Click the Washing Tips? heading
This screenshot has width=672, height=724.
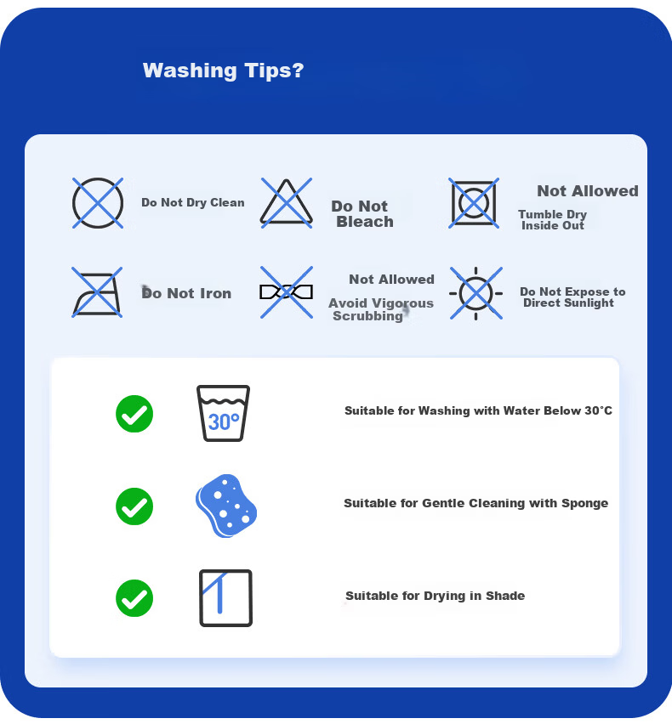point(223,71)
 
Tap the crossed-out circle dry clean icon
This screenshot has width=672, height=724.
point(98,203)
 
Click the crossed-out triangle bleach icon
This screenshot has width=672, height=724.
point(287,203)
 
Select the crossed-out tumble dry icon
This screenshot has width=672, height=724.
point(474,203)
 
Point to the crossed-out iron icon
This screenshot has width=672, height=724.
point(97,292)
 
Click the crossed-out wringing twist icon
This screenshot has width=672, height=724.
point(287,292)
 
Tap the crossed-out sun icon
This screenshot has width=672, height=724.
point(476,293)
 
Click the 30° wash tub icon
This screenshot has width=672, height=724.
point(223,413)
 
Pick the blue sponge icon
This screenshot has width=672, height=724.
point(226,506)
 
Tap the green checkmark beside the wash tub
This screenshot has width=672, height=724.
point(134,414)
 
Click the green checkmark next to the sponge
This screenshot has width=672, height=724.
point(134,506)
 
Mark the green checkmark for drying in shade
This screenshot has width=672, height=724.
point(134,598)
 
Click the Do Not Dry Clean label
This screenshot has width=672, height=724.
point(193,203)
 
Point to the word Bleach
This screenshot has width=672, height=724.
point(365,222)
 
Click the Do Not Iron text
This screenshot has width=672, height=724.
point(186,293)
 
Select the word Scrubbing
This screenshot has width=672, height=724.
point(367,316)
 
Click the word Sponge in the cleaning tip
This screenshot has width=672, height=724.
point(584,503)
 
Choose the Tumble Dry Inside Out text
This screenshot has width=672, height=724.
point(553,220)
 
